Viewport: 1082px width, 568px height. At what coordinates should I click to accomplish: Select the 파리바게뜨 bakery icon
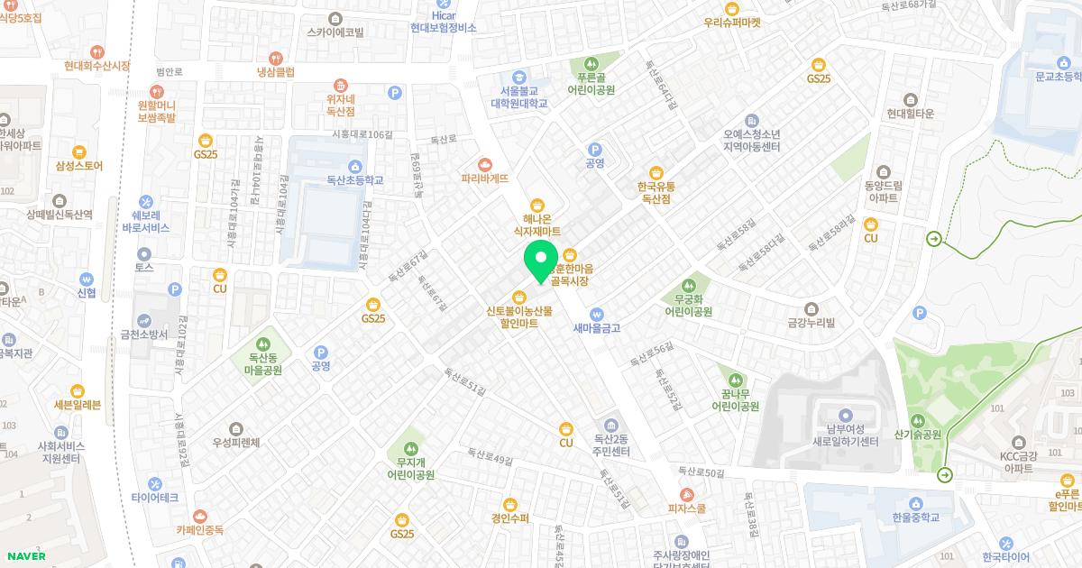coord(486,164)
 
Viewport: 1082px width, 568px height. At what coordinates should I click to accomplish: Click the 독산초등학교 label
coord(355,180)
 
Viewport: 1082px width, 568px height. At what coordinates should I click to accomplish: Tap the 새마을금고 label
coord(597,328)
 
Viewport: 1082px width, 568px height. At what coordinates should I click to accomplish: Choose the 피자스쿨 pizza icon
coord(687,494)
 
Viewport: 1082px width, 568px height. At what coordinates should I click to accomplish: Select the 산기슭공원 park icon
coord(918,420)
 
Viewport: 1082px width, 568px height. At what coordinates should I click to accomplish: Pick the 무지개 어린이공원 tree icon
coord(411,447)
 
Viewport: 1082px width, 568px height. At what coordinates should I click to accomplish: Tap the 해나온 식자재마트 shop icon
coord(537,204)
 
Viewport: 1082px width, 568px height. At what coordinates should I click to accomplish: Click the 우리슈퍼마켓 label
coord(732,22)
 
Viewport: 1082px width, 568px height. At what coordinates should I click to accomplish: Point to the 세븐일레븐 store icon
coord(78,390)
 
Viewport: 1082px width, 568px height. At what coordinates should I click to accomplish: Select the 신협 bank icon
coord(87,279)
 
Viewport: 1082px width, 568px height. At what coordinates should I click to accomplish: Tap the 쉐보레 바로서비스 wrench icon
coord(146,202)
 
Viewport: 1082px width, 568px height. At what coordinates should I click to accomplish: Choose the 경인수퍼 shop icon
coord(510,504)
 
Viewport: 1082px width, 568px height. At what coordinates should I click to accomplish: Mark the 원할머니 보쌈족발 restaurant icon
coord(157,91)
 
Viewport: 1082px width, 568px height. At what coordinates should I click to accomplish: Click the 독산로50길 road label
coord(701,472)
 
